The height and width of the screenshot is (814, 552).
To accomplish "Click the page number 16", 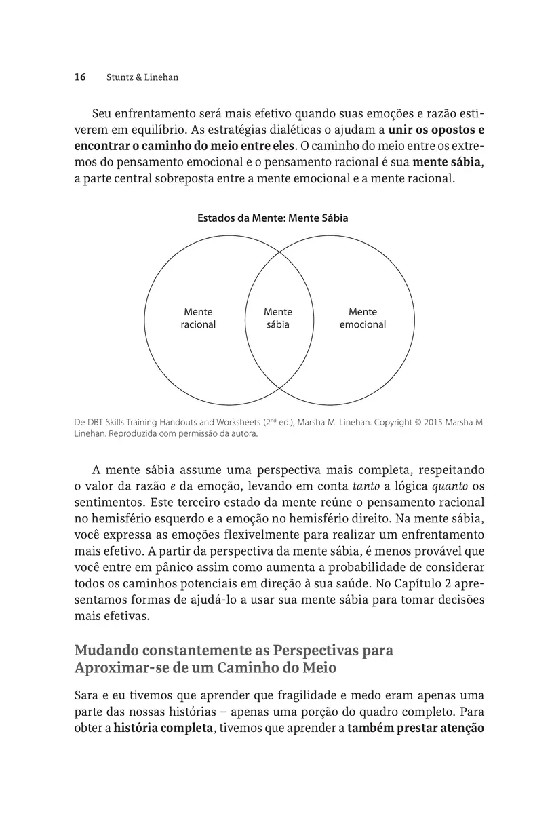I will pos(80,77).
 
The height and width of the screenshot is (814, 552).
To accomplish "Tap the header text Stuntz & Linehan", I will pos(142,77).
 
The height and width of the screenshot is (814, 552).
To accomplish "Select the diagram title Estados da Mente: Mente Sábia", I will pos(273,218).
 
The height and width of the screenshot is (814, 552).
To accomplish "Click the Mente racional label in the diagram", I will pos(198,318).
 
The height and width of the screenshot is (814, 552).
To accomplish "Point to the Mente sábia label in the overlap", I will pos(278,318).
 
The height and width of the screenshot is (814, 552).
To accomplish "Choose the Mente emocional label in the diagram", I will pos(363,318).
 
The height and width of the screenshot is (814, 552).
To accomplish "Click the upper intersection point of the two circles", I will pos(279,250).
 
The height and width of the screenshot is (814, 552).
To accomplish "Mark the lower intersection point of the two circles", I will pos(279,387).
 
